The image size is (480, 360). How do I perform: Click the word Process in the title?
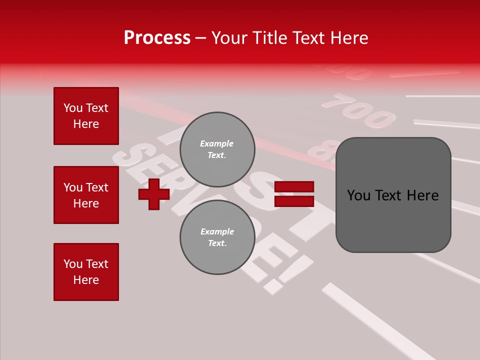click(x=157, y=38)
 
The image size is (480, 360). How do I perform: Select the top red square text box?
click(x=86, y=116)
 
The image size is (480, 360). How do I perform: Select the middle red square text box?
click(x=86, y=195)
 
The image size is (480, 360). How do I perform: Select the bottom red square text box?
click(x=86, y=271)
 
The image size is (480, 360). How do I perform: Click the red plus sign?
click(x=154, y=194)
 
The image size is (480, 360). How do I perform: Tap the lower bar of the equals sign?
click(x=294, y=201)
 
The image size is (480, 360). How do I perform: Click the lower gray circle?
click(x=217, y=237)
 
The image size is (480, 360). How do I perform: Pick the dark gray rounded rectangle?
click(x=393, y=220)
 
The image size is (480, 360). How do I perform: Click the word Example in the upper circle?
click(x=217, y=143)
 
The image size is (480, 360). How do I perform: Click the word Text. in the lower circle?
click(x=217, y=243)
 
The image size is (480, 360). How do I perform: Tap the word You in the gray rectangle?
click(x=359, y=195)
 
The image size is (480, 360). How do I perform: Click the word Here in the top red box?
click(x=86, y=124)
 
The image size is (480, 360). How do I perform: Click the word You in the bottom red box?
click(x=73, y=264)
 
